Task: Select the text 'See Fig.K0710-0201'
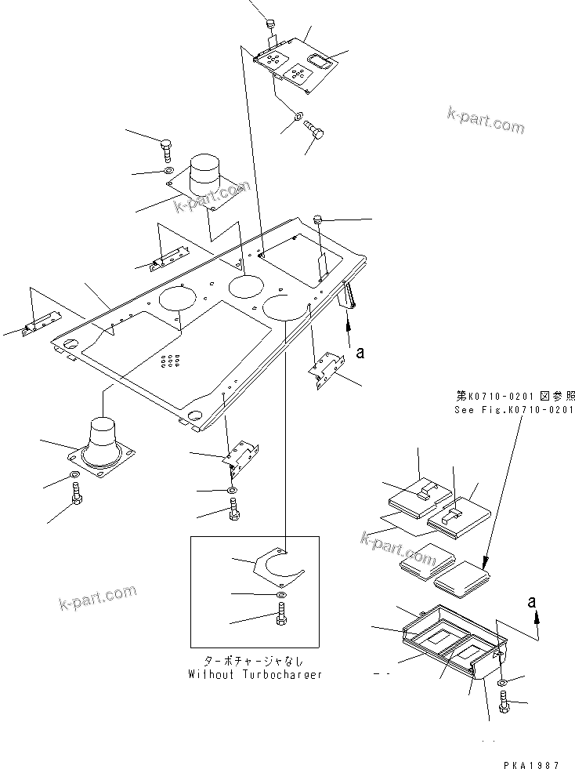point(515,410)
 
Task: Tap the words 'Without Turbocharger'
point(255,674)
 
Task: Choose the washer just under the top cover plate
point(299,118)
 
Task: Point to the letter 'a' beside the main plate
point(360,353)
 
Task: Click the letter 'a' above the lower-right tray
point(532,602)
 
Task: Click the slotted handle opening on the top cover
point(319,59)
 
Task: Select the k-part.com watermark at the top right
point(486,120)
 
